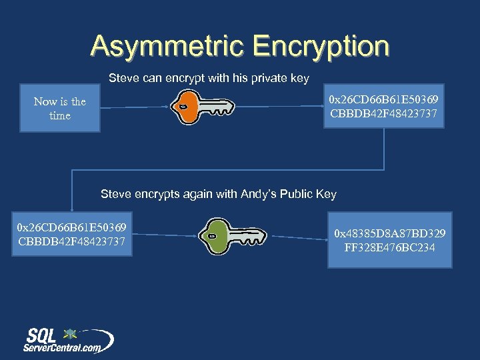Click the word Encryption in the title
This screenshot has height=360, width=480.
click(x=321, y=47)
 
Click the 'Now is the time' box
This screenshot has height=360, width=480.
click(x=60, y=108)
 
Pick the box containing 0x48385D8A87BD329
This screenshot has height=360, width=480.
click(x=389, y=240)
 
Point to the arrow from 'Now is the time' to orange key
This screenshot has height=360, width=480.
click(x=133, y=107)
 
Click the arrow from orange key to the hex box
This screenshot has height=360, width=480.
click(x=280, y=107)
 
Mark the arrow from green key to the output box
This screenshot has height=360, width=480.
click(x=297, y=237)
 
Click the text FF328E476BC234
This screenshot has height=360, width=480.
click(x=390, y=247)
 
